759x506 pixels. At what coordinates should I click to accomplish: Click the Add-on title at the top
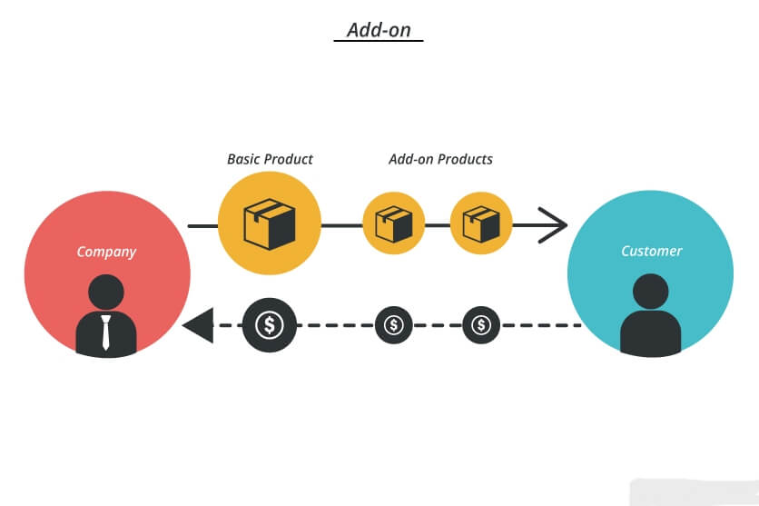coord(379,30)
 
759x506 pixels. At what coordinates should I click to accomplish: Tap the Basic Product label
coord(271,159)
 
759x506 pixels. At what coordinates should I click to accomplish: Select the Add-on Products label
coord(440,159)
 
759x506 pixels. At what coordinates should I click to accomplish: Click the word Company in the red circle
coord(106,252)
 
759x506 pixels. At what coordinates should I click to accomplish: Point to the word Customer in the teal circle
coord(652,251)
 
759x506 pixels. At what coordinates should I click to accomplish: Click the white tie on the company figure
coord(106,332)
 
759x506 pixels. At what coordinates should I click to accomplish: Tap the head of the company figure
coord(106,292)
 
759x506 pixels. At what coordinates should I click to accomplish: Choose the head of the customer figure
coord(651,292)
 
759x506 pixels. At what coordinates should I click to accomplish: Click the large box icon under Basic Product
coord(270,223)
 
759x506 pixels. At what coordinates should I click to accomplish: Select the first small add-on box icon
coord(394,224)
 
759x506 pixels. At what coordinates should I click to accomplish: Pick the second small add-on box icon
coord(481,224)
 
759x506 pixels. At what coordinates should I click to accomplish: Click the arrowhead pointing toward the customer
coord(553,225)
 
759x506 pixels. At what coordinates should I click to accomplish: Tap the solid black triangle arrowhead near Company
coord(198,325)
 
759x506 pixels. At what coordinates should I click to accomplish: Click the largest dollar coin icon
coord(270,325)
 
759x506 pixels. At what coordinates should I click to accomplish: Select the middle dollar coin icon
coord(394,325)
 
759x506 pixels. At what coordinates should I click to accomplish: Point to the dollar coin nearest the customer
coord(481,325)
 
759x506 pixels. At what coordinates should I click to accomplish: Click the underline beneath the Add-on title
coord(379,41)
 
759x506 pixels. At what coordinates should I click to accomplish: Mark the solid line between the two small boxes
coord(438,225)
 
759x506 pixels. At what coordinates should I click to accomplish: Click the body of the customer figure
coord(651,334)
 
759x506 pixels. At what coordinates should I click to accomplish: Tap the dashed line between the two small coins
coord(438,325)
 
